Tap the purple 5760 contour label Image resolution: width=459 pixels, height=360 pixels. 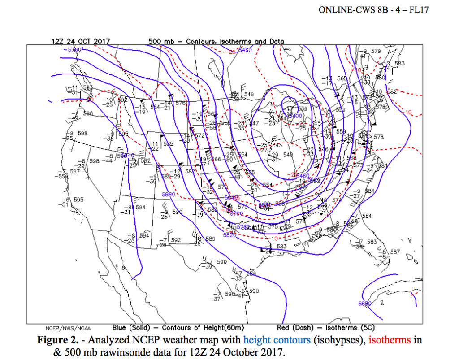coord(74,50)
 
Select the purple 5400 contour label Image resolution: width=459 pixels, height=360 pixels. coord(294,116)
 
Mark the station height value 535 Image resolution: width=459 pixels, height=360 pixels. coord(168,144)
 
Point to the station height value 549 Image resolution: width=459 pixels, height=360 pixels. coord(249,95)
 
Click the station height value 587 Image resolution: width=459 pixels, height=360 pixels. coord(395,252)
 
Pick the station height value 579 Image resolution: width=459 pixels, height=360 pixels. coord(376,52)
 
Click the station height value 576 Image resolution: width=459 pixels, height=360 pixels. coord(180,103)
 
